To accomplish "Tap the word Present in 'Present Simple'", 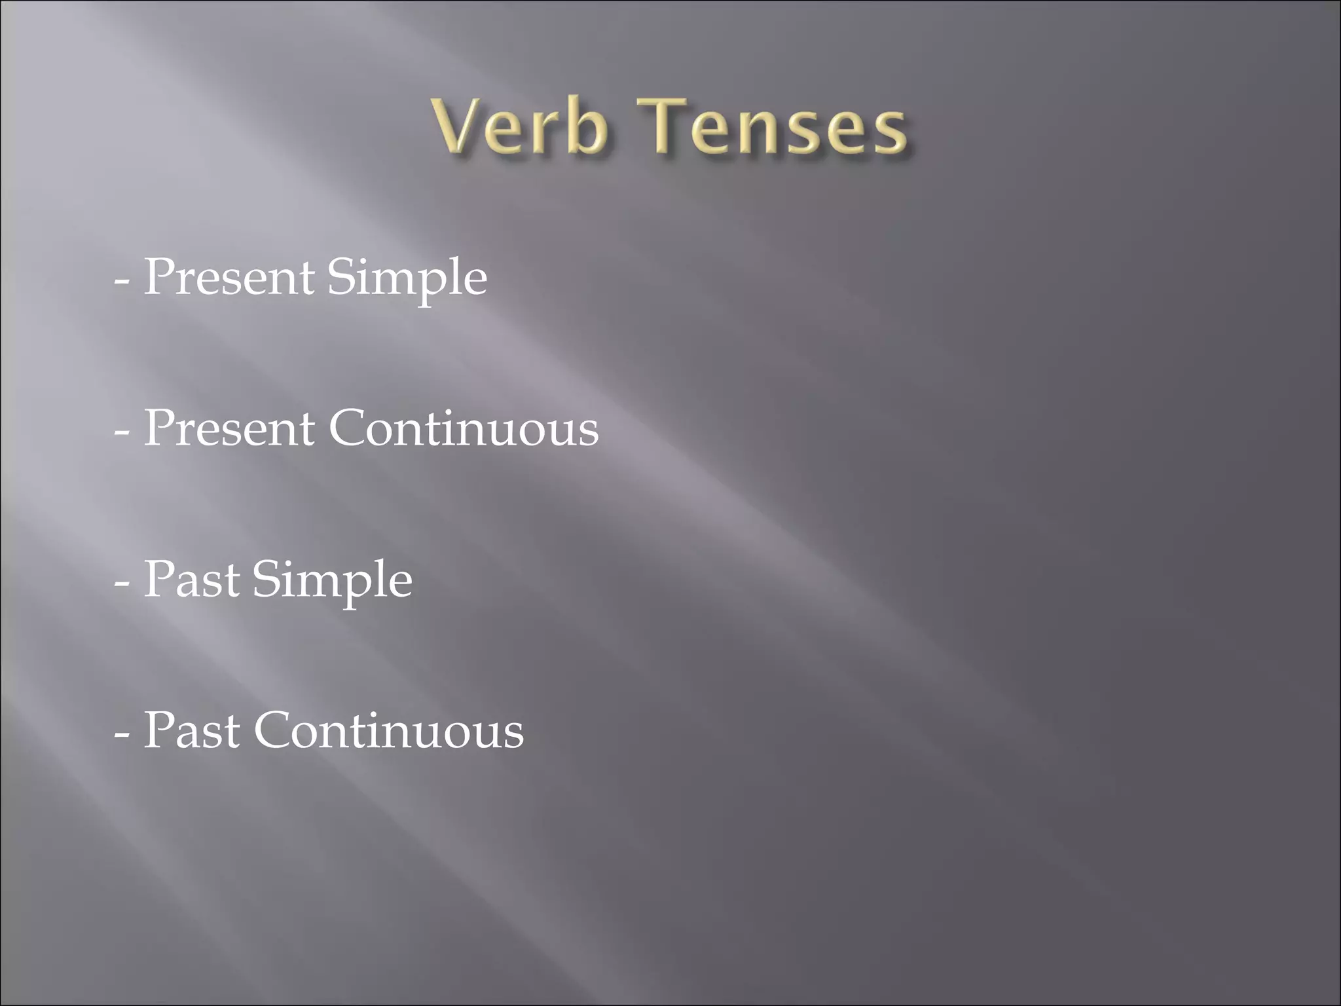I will tap(228, 278).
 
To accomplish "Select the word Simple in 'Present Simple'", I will tap(407, 279).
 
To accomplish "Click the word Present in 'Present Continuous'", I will tap(228, 429).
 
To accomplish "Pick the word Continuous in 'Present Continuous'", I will tap(463, 429).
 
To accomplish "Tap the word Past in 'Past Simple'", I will tap(191, 580).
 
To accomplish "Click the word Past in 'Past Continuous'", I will tap(191, 731).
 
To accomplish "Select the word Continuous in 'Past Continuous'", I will tap(388, 731).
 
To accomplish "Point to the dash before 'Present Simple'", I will tap(121, 282).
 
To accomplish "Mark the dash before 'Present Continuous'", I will tap(121, 433).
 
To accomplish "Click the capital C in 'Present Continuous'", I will tap(347, 429).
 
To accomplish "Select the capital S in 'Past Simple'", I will tap(270, 580).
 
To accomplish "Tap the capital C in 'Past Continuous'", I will tap(272, 731).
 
